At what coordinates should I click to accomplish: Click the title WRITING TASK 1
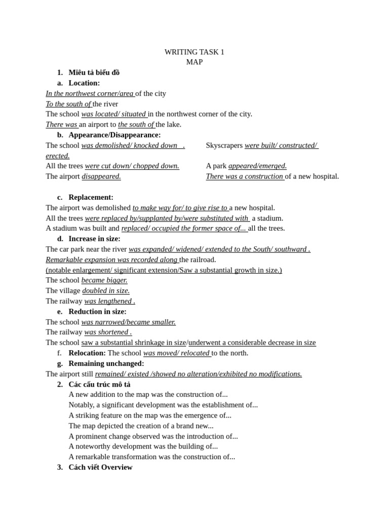pyautogui.click(x=194, y=52)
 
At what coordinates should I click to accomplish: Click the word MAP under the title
pyautogui.click(x=194, y=62)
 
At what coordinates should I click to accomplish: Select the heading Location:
pyautogui.click(x=84, y=83)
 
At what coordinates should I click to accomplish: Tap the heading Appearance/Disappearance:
pyautogui.click(x=114, y=135)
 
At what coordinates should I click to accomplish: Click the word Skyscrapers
pyautogui.click(x=224, y=145)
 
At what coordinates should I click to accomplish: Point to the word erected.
pyautogui.click(x=58, y=156)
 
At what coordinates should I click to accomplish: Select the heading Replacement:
pyautogui.click(x=91, y=197)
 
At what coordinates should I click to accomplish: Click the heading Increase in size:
pyautogui.click(x=94, y=239)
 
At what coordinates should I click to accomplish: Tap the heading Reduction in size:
pyautogui.click(x=97, y=311)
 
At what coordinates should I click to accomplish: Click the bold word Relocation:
pyautogui.click(x=87, y=353)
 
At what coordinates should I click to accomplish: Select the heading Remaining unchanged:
pyautogui.click(x=106, y=363)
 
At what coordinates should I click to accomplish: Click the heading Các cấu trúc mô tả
pyautogui.click(x=99, y=384)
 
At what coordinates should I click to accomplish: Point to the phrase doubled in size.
pyautogui.click(x=106, y=290)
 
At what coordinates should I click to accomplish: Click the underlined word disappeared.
pyautogui.click(x=101, y=176)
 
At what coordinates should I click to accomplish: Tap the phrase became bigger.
pyautogui.click(x=104, y=280)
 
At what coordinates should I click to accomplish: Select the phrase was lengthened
pyautogui.click(x=109, y=301)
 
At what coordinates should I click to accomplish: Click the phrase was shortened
pyautogui.click(x=107, y=332)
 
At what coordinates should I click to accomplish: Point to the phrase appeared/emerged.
pyautogui.click(x=257, y=166)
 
